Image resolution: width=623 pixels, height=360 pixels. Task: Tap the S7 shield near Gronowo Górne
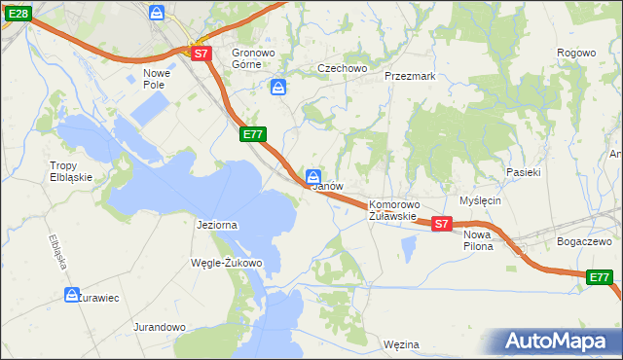pos(201,54)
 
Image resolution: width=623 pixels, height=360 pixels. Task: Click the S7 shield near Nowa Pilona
pos(441,224)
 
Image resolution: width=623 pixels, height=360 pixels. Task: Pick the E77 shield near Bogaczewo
pos(601,278)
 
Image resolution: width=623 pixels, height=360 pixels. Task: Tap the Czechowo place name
pos(342,69)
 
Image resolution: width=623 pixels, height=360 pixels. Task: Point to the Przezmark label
pos(409,75)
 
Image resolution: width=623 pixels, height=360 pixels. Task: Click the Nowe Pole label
pos(157,79)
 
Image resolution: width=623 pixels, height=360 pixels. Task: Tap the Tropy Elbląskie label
pos(70,171)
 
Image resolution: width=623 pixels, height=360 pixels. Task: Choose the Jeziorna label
pos(217,225)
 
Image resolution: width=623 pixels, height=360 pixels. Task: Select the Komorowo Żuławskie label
pos(393,211)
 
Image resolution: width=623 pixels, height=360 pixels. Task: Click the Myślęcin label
pos(480,200)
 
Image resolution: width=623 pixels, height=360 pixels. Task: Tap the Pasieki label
pos(523,171)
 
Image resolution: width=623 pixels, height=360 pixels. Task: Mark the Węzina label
pos(401,344)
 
